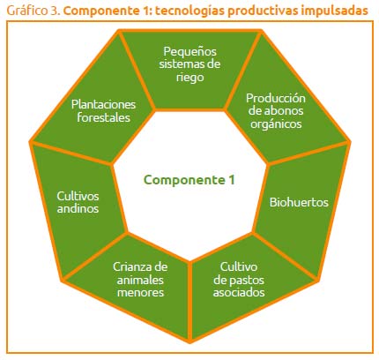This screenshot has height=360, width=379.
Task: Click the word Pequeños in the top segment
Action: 189,52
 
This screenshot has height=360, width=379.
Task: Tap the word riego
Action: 189,78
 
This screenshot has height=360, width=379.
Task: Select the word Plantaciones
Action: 103,104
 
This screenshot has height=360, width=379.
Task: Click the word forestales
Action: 103,117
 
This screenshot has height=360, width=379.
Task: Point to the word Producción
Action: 276,98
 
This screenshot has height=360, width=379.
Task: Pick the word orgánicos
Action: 276,124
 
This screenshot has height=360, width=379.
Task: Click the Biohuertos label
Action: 299,202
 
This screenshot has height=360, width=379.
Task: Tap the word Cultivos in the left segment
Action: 78,196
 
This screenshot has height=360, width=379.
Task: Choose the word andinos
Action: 78,208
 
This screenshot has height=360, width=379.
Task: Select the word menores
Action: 140,292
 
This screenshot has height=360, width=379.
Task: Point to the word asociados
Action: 239,292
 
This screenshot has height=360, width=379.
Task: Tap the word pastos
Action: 249,281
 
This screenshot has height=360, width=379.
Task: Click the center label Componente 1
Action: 189,180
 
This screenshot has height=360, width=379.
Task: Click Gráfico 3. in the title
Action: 33,11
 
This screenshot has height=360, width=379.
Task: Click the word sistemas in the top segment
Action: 180,64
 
